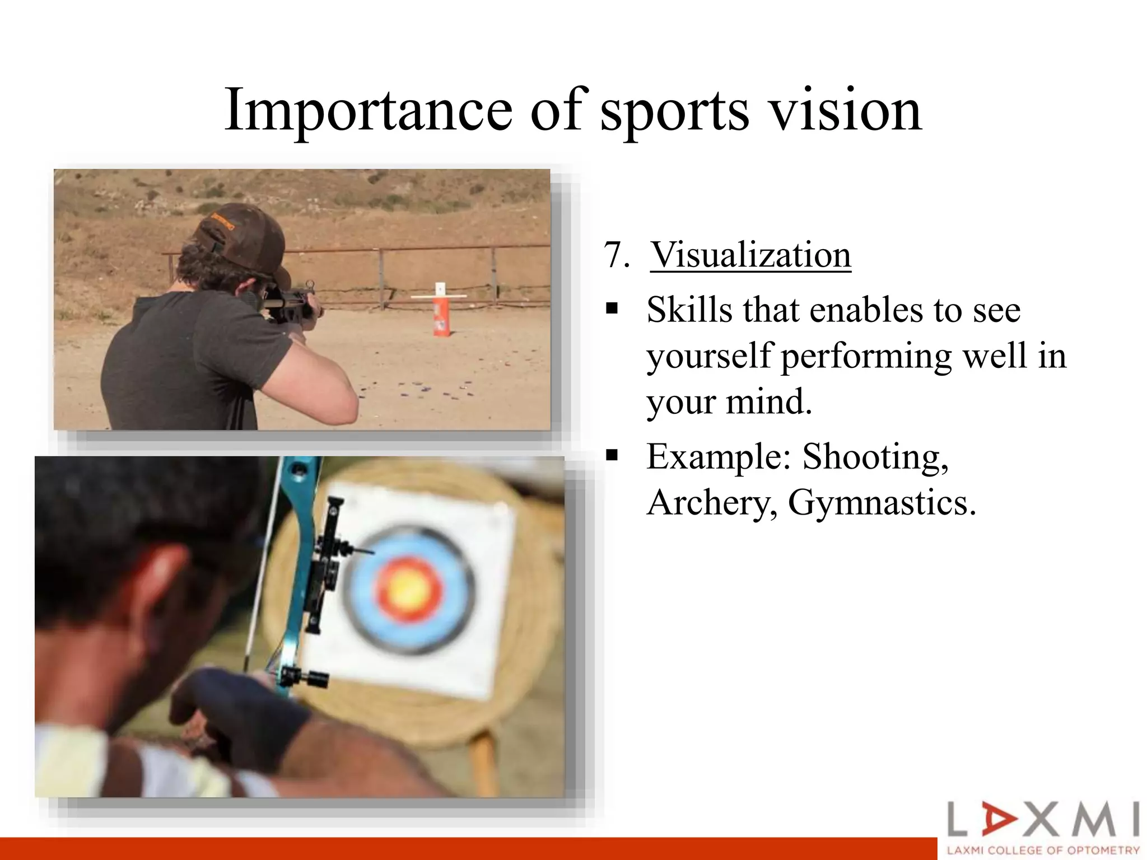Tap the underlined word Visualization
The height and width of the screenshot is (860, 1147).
(750, 255)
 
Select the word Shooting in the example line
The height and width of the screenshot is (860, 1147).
(875, 457)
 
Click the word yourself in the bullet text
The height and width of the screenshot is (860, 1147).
(709, 357)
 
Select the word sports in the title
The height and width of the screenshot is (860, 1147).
(674, 110)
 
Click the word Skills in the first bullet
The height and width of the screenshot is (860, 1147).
(689, 310)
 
